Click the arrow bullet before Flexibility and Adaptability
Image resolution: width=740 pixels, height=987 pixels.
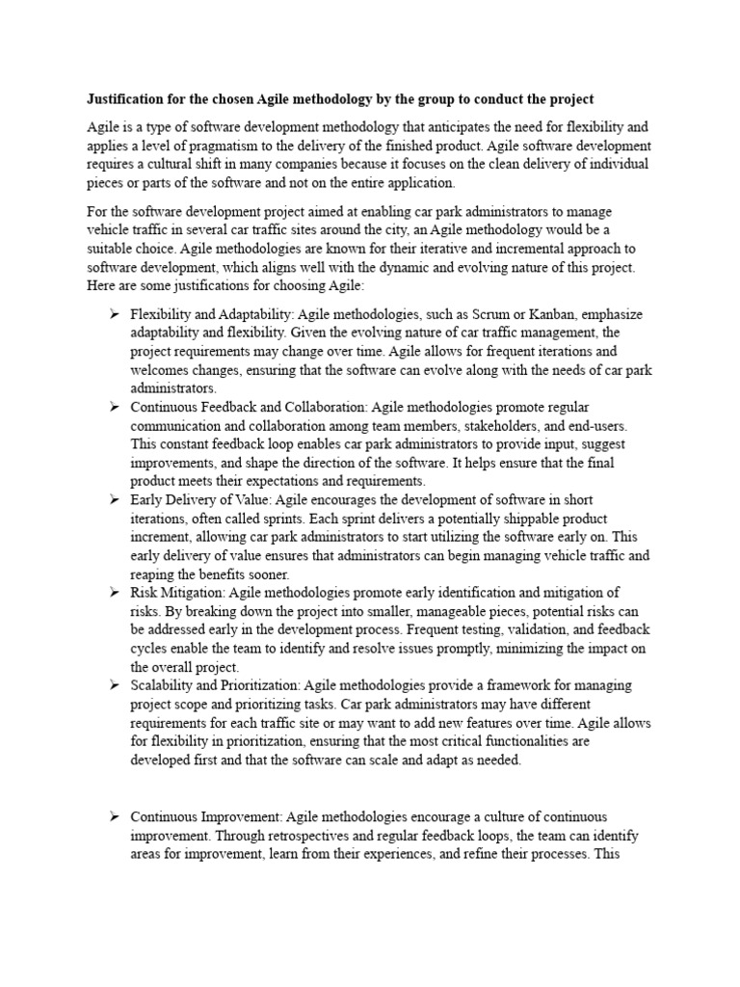pos(113,315)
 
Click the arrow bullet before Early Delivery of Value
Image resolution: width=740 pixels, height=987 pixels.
pos(113,500)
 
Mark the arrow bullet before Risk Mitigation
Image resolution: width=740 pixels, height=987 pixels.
pos(113,592)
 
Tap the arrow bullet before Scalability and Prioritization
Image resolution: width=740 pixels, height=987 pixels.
pos(113,685)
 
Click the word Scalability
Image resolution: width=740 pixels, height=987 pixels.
pos(165,685)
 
